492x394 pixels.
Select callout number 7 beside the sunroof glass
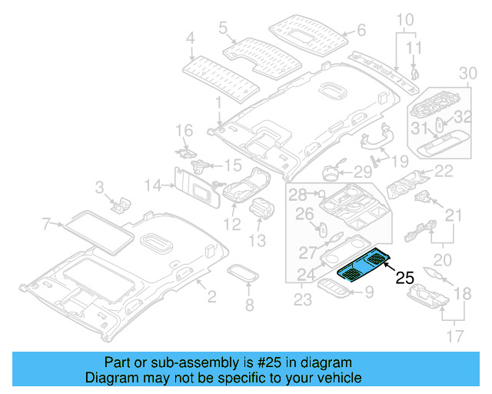(46, 224)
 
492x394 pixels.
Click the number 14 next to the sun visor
(152, 185)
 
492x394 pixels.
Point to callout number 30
(468, 73)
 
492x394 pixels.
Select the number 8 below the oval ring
(248, 306)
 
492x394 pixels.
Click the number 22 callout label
(444, 172)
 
